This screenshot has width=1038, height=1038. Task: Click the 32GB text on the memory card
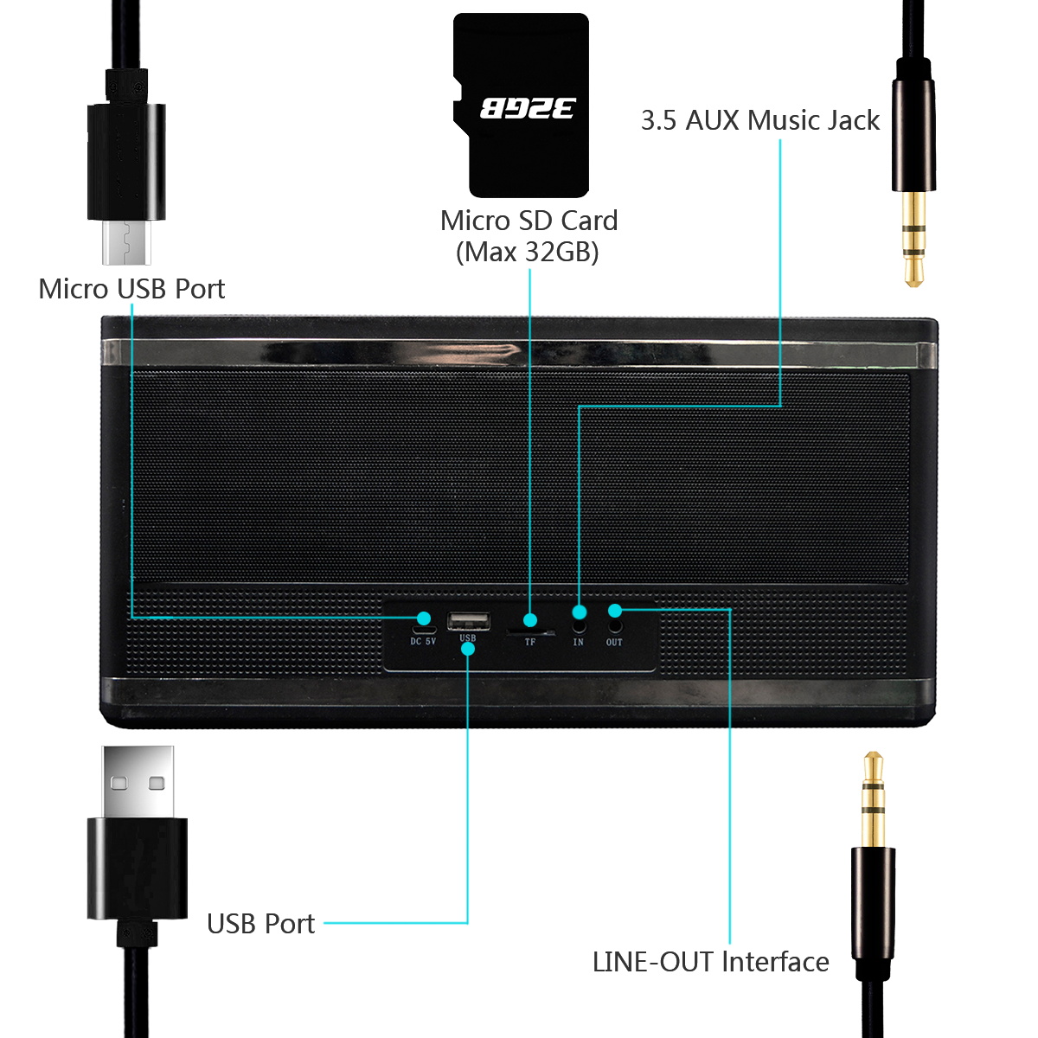[528, 108]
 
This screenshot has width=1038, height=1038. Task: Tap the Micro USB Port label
[131, 289]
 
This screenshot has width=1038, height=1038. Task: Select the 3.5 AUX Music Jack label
[760, 120]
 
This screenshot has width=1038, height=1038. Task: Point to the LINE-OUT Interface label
[710, 962]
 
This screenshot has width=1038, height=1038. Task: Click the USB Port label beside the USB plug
[260, 924]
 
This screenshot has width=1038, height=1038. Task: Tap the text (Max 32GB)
[528, 252]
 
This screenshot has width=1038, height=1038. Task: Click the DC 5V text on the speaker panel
[423, 641]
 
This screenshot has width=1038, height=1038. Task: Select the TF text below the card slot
[530, 642]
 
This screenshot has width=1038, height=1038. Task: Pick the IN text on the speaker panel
[578, 642]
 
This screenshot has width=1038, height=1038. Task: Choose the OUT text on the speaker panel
[614, 642]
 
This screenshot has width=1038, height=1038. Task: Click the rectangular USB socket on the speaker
[469, 621]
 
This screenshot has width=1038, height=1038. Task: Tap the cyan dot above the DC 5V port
[424, 618]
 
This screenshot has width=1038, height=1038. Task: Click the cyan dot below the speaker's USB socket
[468, 649]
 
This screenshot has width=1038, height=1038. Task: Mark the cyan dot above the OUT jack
[615, 611]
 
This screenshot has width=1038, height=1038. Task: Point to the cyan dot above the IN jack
[579, 612]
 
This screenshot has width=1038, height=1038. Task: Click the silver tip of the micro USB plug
[126, 242]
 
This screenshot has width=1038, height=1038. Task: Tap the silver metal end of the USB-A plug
[138, 782]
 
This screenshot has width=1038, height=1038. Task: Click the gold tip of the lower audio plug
[873, 800]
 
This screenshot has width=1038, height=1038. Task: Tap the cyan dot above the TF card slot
[530, 620]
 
